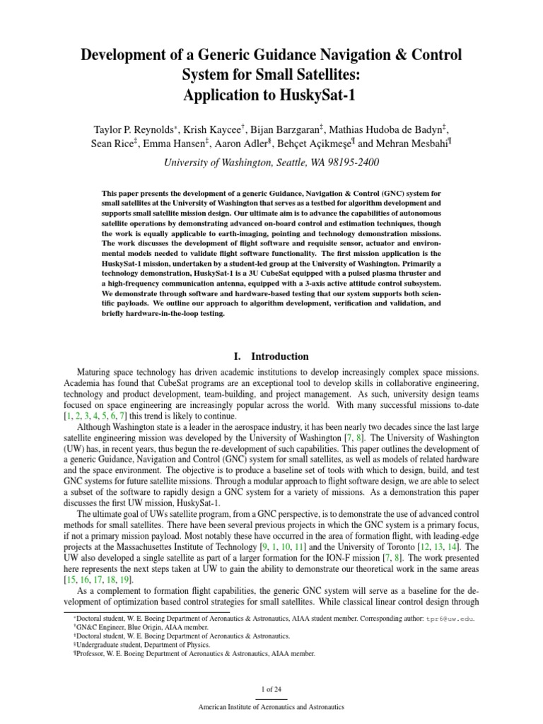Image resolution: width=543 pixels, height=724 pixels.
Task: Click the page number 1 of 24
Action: pyautogui.click(x=271, y=689)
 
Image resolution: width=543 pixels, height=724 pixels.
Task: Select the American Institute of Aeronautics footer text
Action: pyautogui.click(x=271, y=706)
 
